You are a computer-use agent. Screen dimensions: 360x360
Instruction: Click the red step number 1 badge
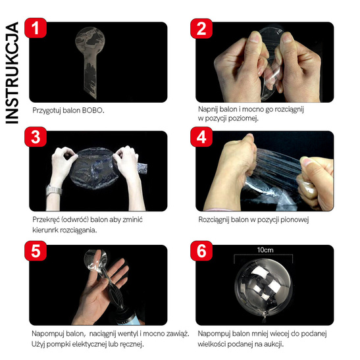[36, 28]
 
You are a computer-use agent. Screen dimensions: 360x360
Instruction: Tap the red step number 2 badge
[201, 28]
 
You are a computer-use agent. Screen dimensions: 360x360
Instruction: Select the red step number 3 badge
[36, 137]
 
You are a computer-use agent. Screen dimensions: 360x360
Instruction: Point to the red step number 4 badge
[201, 137]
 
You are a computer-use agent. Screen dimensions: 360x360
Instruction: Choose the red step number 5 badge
[36, 251]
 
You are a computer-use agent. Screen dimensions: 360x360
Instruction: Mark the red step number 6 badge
[201, 251]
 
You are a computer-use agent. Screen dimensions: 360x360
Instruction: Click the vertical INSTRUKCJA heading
[12, 73]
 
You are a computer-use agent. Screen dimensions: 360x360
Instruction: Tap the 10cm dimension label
[265, 250]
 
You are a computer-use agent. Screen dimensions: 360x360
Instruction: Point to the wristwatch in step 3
[54, 190]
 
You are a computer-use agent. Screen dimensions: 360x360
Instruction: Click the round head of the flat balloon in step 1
[90, 41]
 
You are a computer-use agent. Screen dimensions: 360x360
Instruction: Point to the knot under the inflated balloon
[265, 317]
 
